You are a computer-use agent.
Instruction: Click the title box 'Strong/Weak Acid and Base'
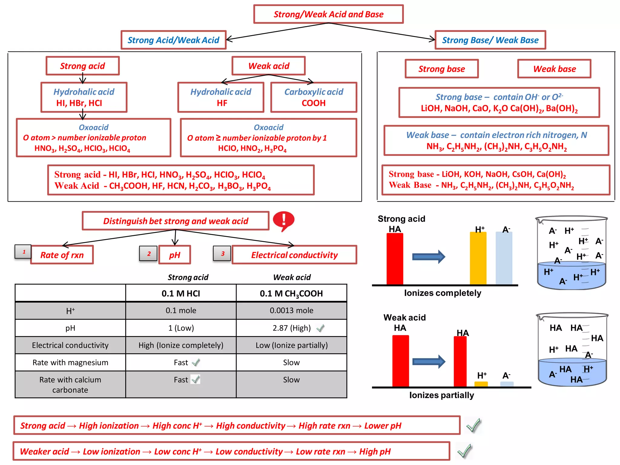coord(328,14)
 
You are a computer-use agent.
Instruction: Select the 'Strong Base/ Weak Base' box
coord(490,40)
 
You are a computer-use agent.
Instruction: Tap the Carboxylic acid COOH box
coord(314,97)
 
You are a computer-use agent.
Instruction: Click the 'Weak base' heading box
coord(554,69)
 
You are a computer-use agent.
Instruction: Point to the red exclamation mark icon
coord(283,221)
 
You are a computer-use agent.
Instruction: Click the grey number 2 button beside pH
coord(148,254)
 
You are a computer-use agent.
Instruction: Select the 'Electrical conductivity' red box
coord(294,255)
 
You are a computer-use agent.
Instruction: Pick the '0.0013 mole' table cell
coord(291,310)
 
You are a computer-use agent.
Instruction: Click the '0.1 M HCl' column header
coord(181,293)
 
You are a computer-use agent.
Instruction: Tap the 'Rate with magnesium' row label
coord(70,362)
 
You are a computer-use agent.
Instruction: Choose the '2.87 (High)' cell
coord(291,328)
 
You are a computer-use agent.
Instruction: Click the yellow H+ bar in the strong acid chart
coord(478,258)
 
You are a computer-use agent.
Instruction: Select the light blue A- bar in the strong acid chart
coord(504,258)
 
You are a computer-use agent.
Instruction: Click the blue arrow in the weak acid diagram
coord(428,361)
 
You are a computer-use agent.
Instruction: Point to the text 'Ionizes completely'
coord(442,293)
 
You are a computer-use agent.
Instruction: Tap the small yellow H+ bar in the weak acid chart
coord(481,384)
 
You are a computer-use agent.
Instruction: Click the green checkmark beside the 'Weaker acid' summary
coord(465,451)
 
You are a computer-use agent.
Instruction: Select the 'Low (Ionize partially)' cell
coord(291,345)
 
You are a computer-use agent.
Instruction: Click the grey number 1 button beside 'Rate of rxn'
coord(23,252)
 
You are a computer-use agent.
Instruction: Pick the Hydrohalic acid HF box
coord(221,97)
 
